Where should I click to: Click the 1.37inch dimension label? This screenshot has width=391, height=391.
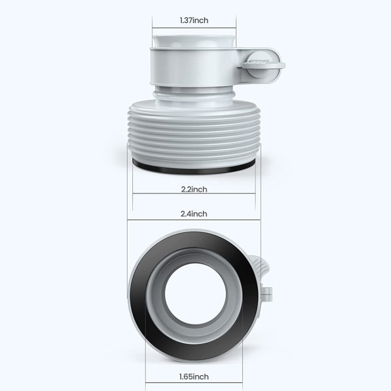click(194, 20)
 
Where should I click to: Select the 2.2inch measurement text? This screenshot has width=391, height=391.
click(194, 189)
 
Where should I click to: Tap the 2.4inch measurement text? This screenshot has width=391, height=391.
click(194, 214)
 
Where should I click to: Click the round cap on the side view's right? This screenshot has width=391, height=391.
click(264, 65)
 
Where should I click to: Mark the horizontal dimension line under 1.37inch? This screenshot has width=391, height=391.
click(194, 27)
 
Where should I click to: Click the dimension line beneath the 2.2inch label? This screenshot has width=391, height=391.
click(194, 194)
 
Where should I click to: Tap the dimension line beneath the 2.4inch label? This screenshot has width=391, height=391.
click(194, 219)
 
